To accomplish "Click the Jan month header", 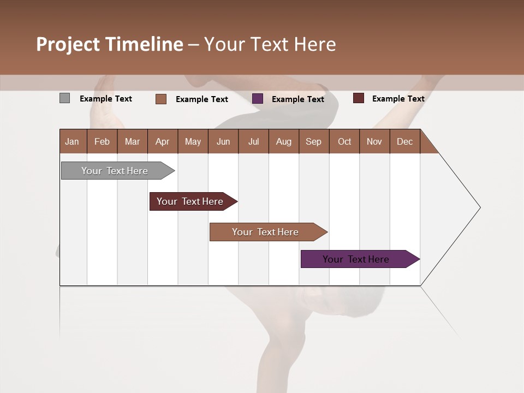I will tap(73, 141).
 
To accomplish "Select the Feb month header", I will tap(102, 141).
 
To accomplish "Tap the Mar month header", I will tap(132, 141).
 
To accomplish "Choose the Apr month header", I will tap(163, 141).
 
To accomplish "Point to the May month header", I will tap(193, 141).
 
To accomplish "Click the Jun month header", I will tap(223, 141).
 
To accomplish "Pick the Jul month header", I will tap(253, 141).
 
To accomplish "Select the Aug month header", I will tap(284, 141).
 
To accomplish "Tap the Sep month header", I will tap(314, 141).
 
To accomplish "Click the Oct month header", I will tap(344, 141).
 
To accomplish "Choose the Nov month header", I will tap(374, 141).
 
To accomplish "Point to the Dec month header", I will tap(405, 141).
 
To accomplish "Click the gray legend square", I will tap(64, 98).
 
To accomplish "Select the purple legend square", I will tap(258, 99).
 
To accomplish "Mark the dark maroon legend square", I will tap(358, 98).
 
